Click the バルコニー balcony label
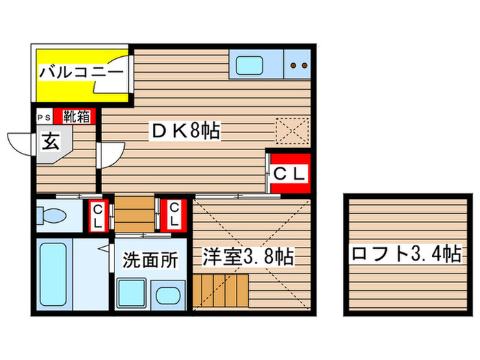click(81, 73)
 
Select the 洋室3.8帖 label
click(248, 256)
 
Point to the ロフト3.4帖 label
click(406, 254)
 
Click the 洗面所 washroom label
click(150, 260)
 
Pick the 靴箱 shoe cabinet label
click(76, 117)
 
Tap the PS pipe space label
click(44, 118)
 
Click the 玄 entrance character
click(51, 142)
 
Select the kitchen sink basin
click(250, 66)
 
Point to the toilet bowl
click(51, 215)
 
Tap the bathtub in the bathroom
click(53, 274)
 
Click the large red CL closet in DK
click(289, 173)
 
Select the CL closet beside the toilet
click(97, 216)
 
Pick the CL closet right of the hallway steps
click(173, 215)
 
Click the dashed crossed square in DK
click(292, 131)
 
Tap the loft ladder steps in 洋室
click(220, 290)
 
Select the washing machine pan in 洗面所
click(132, 293)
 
